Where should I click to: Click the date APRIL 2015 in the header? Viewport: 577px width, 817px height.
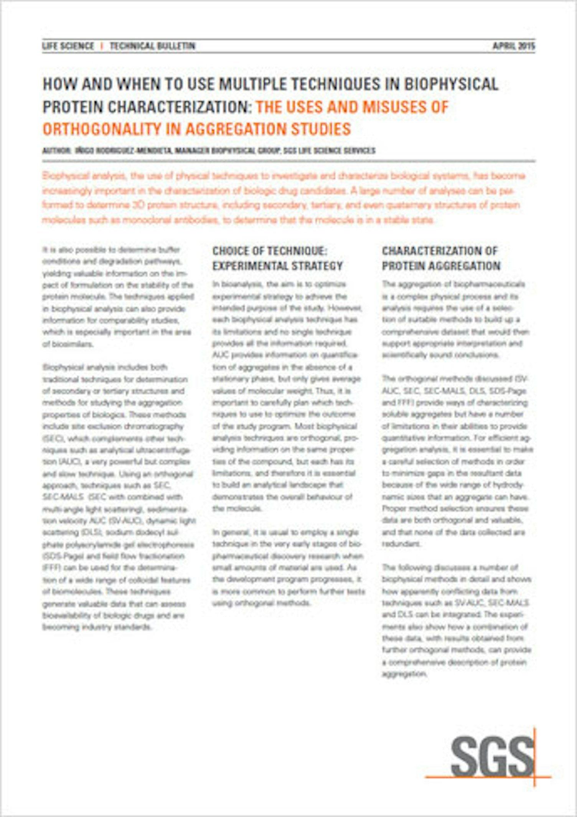[x=513, y=46]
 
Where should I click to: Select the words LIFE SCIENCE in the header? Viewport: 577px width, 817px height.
[x=68, y=46]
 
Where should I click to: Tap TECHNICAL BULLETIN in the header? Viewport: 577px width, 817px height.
[x=152, y=46]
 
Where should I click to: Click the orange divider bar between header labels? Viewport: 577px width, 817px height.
[x=102, y=46]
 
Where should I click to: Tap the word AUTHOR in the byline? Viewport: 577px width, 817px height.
[x=56, y=151]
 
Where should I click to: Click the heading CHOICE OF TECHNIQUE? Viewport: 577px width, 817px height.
[x=270, y=251]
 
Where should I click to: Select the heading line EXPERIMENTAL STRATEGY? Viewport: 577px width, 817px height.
[x=277, y=266]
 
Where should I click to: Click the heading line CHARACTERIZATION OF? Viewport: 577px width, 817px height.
[x=440, y=251]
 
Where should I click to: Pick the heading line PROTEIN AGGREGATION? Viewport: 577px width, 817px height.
[x=441, y=266]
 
